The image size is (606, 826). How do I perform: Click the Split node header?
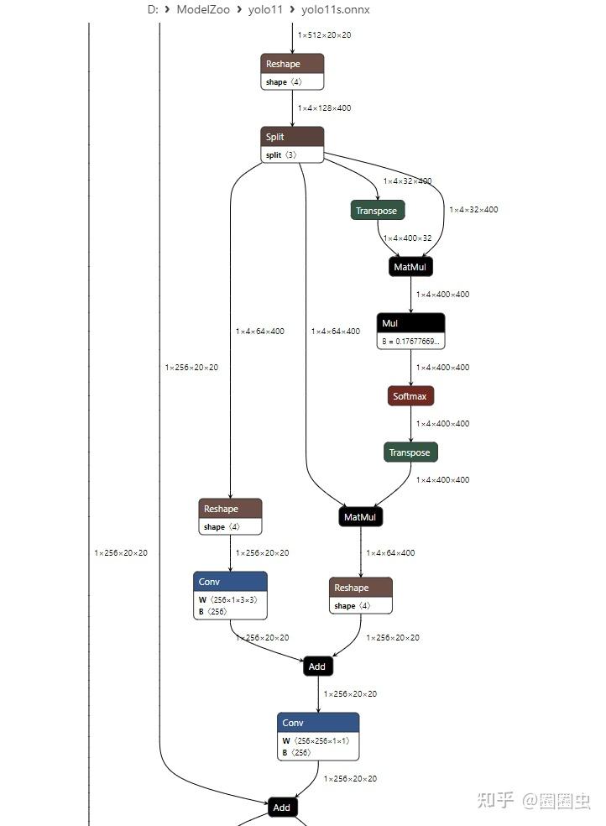point(292,136)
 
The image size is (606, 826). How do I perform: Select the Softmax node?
point(410,396)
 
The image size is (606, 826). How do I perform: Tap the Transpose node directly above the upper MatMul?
point(377,210)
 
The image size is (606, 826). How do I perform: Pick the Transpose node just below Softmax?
point(410,452)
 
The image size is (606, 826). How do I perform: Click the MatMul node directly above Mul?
point(411,267)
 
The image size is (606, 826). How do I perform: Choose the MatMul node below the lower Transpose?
point(360,517)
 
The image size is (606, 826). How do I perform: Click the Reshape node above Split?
point(291,64)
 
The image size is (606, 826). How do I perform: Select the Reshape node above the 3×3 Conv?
point(230,509)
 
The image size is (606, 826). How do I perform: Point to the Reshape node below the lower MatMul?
point(360,588)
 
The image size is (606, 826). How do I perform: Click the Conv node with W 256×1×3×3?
point(230,582)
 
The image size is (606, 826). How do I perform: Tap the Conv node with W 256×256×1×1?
point(318,723)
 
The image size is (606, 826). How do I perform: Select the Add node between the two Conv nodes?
point(317,667)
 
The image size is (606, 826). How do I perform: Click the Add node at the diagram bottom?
point(282,808)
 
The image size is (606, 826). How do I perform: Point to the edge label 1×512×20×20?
point(324,35)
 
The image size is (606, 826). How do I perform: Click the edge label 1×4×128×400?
point(324,108)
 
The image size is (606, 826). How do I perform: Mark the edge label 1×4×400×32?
point(407,238)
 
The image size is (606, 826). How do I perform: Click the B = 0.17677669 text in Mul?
point(411,342)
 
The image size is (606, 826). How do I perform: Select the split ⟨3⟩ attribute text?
point(281,155)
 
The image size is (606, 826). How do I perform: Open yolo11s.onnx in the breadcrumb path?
point(336,10)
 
